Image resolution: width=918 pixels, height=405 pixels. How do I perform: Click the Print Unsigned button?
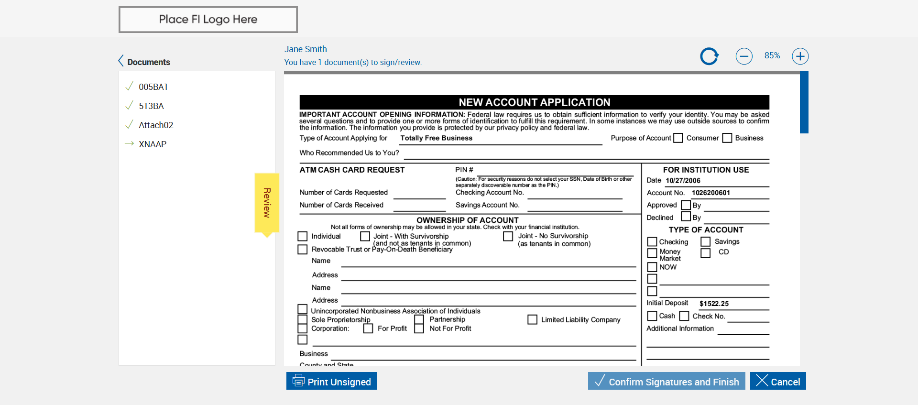click(332, 381)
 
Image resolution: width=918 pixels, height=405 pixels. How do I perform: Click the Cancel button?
click(778, 381)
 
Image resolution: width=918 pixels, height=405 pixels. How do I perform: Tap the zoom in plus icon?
click(800, 56)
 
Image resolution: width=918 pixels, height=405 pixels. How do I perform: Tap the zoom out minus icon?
click(744, 56)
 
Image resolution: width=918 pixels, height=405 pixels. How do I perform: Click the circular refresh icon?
click(709, 56)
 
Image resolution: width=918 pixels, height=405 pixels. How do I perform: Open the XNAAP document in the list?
click(153, 144)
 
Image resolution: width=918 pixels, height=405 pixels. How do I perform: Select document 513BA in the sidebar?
click(151, 106)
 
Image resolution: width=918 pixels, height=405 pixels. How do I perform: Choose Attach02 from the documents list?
click(156, 125)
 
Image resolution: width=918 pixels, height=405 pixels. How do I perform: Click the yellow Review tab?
click(267, 203)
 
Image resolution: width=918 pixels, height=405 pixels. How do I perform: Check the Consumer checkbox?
click(678, 138)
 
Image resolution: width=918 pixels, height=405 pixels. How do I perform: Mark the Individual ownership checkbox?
click(303, 236)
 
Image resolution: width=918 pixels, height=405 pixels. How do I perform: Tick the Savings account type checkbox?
click(706, 242)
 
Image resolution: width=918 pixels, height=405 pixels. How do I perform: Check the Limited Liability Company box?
click(532, 319)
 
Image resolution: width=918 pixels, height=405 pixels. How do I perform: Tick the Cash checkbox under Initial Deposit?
click(652, 316)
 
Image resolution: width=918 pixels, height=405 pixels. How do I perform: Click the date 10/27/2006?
click(683, 181)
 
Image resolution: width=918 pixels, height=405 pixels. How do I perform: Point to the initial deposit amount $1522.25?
click(714, 304)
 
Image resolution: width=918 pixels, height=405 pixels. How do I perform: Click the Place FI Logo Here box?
click(208, 20)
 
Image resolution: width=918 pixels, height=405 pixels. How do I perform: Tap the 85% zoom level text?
click(772, 56)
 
